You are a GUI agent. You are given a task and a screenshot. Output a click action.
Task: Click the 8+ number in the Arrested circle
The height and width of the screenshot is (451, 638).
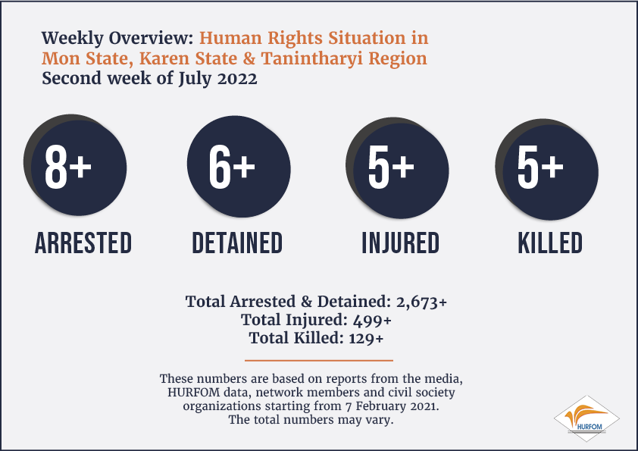[68, 167]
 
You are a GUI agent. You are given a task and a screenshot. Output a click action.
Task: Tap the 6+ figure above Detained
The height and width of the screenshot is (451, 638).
[232, 167]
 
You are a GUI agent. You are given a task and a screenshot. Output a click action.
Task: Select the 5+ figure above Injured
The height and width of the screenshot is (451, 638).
[391, 167]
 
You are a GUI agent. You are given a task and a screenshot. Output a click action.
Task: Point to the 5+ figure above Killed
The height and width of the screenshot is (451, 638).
[540, 167]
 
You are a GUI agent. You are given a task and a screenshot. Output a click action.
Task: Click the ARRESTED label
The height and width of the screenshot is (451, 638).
[83, 243]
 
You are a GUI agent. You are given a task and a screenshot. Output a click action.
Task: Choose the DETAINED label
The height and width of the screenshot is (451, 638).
[237, 243]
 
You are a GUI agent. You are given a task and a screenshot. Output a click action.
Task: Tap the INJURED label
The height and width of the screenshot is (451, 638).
[401, 243]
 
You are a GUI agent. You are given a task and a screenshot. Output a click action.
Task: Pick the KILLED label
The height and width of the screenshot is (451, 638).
[550, 243]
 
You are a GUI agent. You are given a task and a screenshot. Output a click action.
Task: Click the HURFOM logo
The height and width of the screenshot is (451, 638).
[586, 418]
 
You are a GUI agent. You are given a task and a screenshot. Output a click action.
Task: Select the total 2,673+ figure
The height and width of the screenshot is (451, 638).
[421, 302]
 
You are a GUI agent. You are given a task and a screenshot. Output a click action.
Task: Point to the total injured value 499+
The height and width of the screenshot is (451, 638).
[372, 321]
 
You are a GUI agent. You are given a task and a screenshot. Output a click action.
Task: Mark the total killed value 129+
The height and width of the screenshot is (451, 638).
[366, 338]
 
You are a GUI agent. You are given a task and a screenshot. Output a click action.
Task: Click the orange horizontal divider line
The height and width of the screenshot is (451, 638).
[319, 360]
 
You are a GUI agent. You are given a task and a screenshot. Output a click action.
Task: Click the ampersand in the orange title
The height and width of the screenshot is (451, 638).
[249, 58]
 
